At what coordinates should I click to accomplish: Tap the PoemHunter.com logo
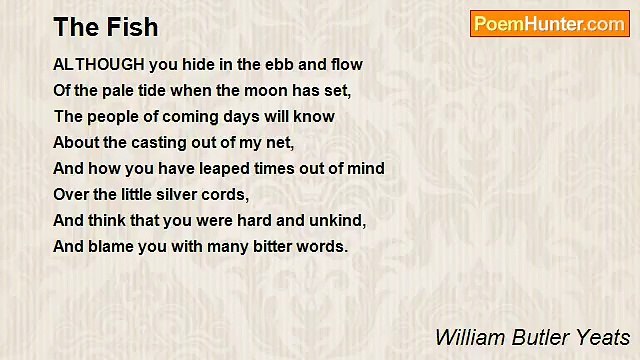coord(549,24)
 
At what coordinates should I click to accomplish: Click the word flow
coord(345,64)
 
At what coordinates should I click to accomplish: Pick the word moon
coord(262,90)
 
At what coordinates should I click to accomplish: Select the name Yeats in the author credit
coord(603,336)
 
